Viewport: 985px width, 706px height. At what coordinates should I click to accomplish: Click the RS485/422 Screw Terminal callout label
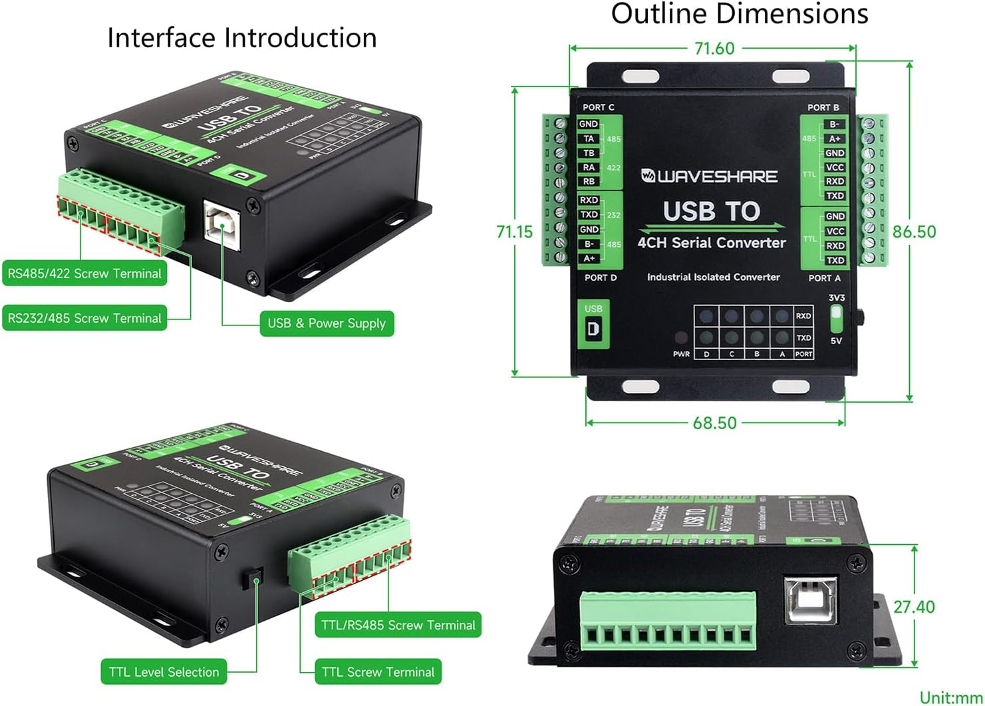[84, 273]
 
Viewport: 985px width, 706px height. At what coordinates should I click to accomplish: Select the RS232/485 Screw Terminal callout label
[84, 318]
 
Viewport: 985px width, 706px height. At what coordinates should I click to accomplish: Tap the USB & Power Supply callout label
[327, 323]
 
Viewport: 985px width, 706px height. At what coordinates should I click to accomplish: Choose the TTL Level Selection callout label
[164, 672]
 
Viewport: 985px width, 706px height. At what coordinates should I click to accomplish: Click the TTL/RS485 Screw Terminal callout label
[398, 625]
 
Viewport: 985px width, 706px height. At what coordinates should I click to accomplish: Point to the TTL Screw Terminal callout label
[378, 672]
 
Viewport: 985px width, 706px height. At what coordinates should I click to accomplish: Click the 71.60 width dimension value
[714, 49]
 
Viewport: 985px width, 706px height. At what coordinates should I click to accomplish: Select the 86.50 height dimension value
[914, 232]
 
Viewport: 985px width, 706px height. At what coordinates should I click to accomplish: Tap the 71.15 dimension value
[515, 232]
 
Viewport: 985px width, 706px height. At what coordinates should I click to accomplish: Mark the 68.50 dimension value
[714, 423]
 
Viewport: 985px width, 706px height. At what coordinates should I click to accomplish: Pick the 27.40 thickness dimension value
[914, 607]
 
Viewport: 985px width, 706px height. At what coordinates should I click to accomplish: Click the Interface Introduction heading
[242, 38]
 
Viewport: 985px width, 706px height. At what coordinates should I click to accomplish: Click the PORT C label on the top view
[598, 107]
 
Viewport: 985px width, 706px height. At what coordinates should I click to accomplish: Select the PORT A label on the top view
[824, 278]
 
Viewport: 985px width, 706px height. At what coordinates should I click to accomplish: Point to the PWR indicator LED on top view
[681, 338]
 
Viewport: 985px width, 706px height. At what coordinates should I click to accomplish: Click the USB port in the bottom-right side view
[809, 600]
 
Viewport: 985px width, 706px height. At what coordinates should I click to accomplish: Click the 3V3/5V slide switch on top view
[836, 319]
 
